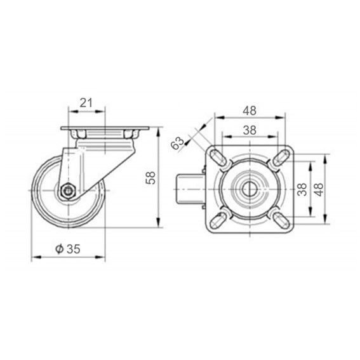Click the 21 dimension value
[x=86, y=103]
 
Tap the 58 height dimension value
[x=151, y=178]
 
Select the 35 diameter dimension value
[x=74, y=249]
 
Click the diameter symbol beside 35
[x=60, y=249]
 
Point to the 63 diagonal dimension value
[x=178, y=143]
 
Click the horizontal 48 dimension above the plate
[x=250, y=110]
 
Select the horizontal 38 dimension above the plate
[x=250, y=130]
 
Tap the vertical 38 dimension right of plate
[x=302, y=189]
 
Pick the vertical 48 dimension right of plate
[x=319, y=189]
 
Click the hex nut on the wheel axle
[x=67, y=190]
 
